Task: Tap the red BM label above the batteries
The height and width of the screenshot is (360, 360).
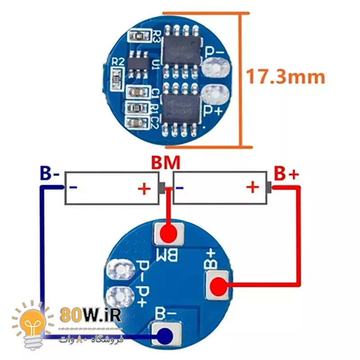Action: [165, 163]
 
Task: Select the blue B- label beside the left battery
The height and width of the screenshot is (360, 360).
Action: [49, 173]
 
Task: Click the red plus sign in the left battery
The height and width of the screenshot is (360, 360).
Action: [144, 188]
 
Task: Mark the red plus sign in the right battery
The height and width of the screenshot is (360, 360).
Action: [253, 186]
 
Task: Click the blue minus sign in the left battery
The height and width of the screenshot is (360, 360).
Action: [72, 188]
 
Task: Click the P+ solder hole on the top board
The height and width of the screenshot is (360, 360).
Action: [215, 94]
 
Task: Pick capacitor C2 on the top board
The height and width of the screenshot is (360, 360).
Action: [138, 121]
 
